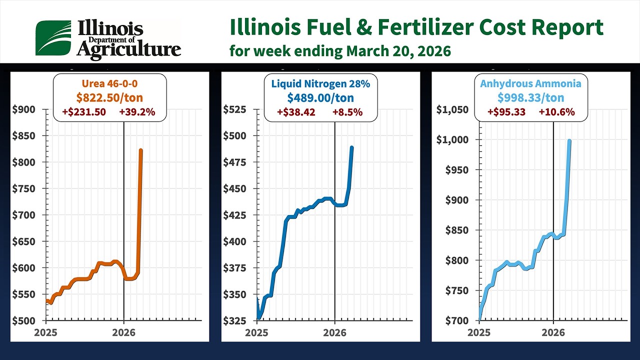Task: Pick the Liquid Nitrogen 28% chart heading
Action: pyautogui.click(x=320, y=83)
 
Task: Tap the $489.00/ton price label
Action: pyautogui.click(x=320, y=97)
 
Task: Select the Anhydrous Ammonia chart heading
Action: pyautogui.click(x=530, y=83)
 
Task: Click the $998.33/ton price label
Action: pyautogui.click(x=530, y=97)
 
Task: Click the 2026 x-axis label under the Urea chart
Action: pyautogui.click(x=123, y=331)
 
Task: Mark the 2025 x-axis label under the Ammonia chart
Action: pyautogui.click(x=478, y=331)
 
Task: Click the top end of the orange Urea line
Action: pyautogui.click(x=141, y=150)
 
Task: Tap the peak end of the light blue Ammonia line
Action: pyautogui.click(x=569, y=141)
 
